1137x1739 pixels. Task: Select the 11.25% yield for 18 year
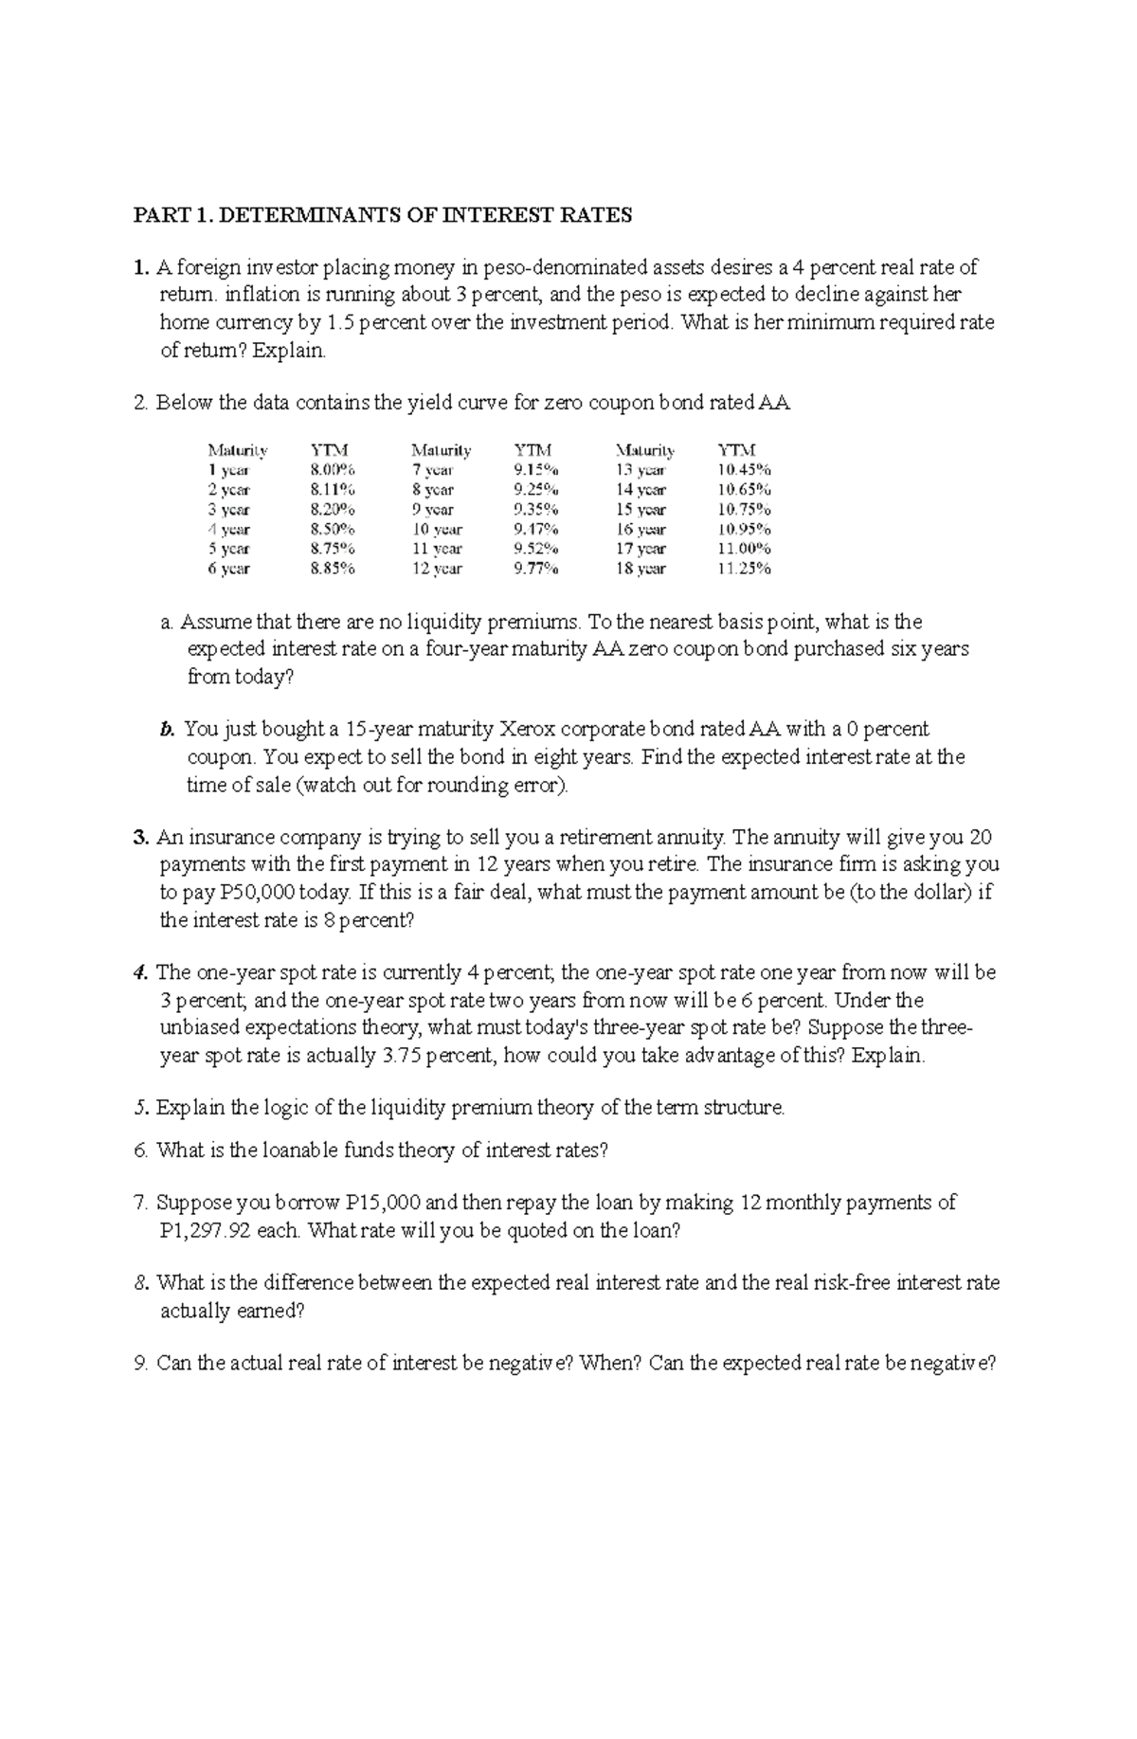(744, 569)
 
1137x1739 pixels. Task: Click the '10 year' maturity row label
(437, 529)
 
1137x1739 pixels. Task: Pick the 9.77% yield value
(536, 569)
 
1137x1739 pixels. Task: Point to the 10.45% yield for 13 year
(744, 469)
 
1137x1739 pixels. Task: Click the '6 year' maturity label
(228, 569)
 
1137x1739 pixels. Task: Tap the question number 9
(140, 1364)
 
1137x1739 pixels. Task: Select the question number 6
(140, 1150)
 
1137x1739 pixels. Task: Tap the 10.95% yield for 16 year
(744, 529)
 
